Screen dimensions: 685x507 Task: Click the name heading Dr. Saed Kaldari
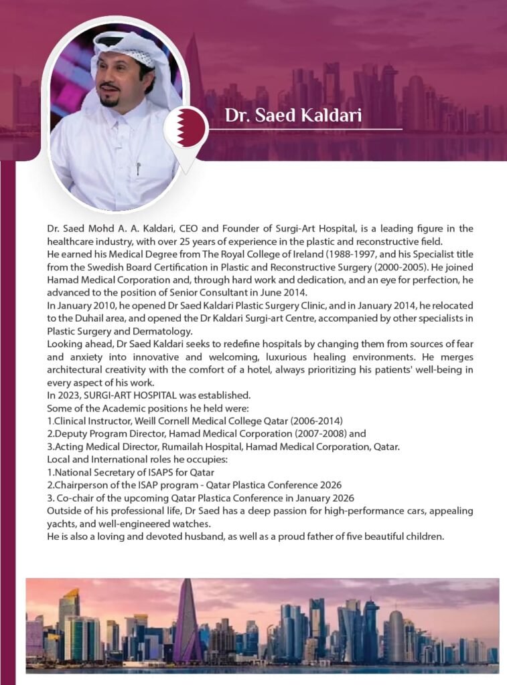293,115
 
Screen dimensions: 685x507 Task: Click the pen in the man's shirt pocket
138,167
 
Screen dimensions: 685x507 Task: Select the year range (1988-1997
338,254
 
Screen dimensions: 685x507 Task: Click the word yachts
61,522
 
